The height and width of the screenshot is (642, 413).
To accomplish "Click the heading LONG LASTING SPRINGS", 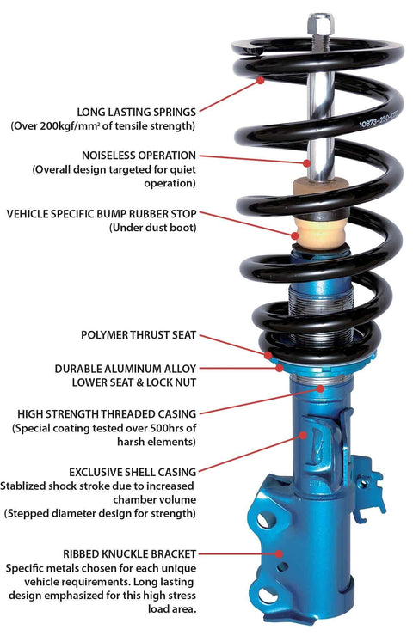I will [x=136, y=112].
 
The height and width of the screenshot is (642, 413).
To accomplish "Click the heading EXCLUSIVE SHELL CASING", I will [x=134, y=471].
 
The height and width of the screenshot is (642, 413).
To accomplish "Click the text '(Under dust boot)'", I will [x=152, y=228].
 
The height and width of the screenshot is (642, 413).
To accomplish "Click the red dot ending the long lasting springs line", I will [x=262, y=82].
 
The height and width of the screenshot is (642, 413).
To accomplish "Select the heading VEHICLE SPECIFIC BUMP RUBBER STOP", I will [x=102, y=213].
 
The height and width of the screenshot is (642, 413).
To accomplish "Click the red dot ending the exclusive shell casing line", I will [x=304, y=436].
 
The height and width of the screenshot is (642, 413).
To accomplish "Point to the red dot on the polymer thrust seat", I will [x=269, y=354].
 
